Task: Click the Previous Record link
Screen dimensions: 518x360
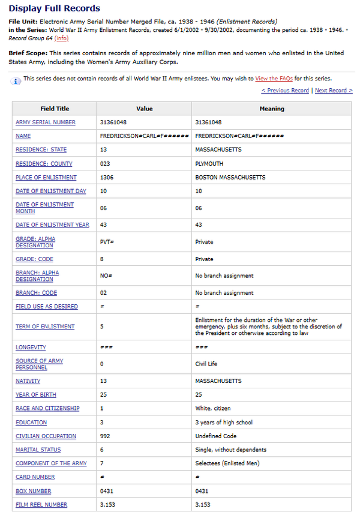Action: point(286,91)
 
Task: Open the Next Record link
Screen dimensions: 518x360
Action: point(334,91)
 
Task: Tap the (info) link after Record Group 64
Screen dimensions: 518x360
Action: point(61,38)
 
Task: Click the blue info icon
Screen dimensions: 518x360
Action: point(16,80)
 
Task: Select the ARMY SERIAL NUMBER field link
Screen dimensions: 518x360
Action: point(46,122)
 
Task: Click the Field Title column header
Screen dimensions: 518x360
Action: point(55,109)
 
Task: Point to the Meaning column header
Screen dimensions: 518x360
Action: point(272,109)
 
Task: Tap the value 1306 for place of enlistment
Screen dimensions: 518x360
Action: point(107,178)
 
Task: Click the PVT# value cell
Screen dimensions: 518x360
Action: point(107,242)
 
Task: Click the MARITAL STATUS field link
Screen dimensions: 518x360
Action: point(38,450)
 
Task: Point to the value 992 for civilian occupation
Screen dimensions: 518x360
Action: point(105,436)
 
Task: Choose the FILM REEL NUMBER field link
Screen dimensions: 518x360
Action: point(41,505)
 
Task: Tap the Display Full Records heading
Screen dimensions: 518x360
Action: point(55,8)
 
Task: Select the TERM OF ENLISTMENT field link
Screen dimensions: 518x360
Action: point(45,327)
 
